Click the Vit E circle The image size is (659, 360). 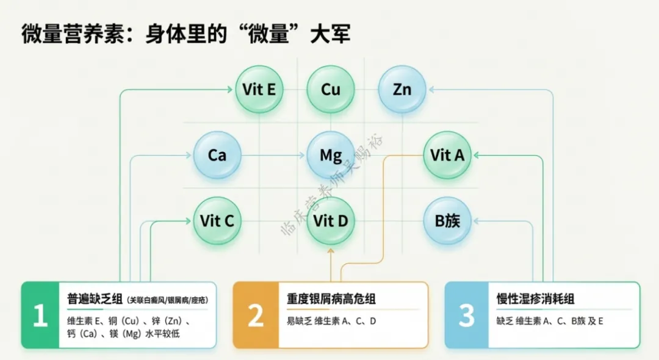[259, 90]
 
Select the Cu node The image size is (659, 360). [331, 90]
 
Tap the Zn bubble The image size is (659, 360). [402, 90]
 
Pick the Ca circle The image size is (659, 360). [217, 155]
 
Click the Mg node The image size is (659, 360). [331, 155]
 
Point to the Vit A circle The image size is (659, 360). [447, 155]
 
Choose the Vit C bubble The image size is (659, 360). [217, 220]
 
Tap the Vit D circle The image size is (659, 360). [331, 220]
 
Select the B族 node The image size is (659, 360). [447, 220]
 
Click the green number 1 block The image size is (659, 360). [40, 315]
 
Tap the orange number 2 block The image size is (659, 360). [256, 315]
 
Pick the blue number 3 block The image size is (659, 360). [467, 315]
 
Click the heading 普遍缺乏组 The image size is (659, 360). [94, 300]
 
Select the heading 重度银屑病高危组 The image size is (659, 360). [331, 299]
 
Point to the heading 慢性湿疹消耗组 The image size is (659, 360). [536, 299]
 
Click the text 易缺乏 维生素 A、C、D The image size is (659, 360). [331, 321]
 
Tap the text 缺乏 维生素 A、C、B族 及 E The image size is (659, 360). [550, 321]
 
